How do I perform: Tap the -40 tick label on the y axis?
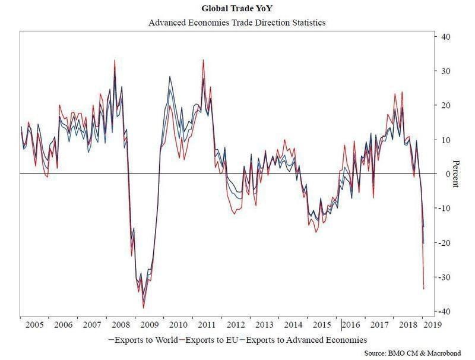[x=444, y=312]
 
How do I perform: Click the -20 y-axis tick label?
[x=444, y=243]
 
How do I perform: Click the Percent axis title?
[x=456, y=173]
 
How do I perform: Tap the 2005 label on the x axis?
[x=35, y=326]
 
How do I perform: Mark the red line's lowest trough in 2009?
[x=143, y=308]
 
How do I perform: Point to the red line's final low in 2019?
[x=423, y=289]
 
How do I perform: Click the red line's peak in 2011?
[x=203, y=60]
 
